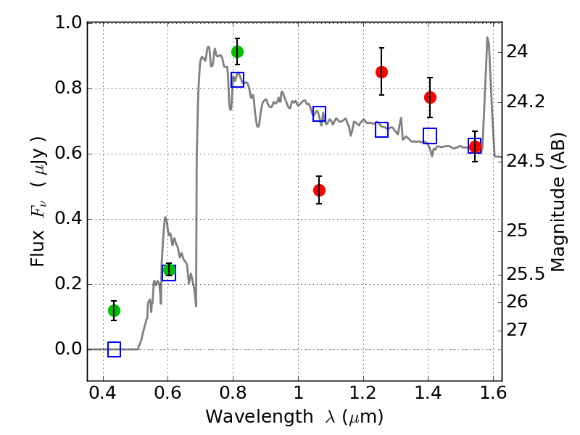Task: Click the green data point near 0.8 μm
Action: click(x=237, y=51)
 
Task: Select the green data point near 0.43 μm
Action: click(x=114, y=310)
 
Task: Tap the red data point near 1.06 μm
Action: click(x=319, y=190)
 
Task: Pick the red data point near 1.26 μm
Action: click(x=381, y=72)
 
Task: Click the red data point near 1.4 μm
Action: click(x=430, y=97)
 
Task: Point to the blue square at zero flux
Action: click(x=114, y=349)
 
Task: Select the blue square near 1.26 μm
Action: click(x=381, y=130)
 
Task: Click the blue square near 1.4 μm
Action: click(x=430, y=136)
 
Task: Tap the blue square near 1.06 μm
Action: click(x=319, y=113)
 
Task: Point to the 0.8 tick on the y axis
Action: click(x=88, y=88)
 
